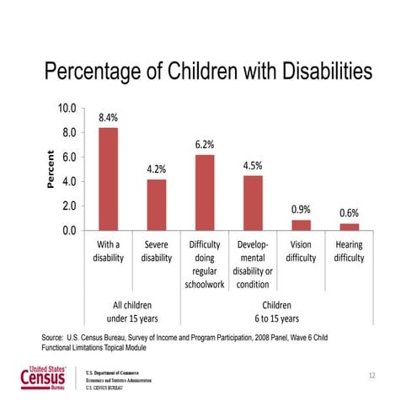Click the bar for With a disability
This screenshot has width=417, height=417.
click(108, 179)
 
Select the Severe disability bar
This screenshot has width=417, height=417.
click(156, 204)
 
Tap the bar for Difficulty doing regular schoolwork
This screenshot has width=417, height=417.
click(205, 192)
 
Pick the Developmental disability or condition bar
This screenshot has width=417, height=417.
click(253, 202)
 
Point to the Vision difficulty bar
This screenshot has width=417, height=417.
click(301, 225)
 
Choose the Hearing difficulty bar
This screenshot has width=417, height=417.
click(349, 227)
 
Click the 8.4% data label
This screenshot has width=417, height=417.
click(108, 118)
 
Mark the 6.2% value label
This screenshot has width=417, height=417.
click(205, 144)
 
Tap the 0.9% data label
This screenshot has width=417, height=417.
click(301, 209)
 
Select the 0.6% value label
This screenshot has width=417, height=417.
click(350, 213)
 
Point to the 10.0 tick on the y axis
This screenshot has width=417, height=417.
click(66, 109)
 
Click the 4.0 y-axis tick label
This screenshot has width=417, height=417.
click(67, 181)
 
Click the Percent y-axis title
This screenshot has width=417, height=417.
click(50, 169)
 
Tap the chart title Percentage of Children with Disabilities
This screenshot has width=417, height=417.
click(208, 72)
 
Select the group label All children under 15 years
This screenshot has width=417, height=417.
click(132, 311)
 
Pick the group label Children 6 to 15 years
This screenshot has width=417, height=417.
click(277, 311)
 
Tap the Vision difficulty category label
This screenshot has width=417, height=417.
click(301, 251)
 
